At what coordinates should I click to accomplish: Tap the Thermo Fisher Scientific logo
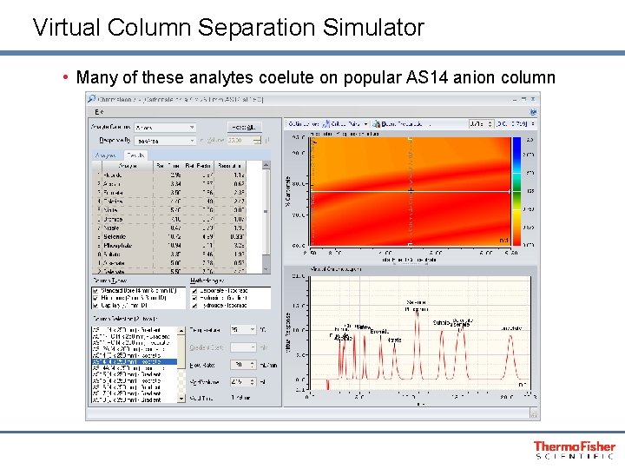[x=575, y=449]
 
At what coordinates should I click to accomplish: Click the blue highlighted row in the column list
[x=135, y=361]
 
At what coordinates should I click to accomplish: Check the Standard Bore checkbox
[x=95, y=291]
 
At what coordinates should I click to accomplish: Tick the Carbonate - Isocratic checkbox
[x=194, y=291]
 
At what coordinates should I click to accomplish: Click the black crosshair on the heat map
[x=410, y=190]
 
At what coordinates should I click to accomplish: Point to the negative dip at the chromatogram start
[x=327, y=384]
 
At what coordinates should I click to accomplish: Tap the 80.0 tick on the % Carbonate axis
[x=298, y=184]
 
